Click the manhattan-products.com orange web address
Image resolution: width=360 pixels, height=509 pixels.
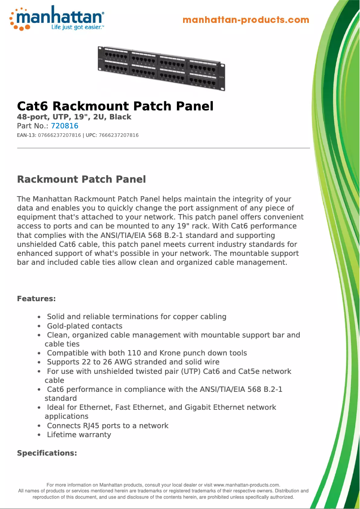point(246,20)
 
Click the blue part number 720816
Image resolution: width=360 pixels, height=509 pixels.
point(65,126)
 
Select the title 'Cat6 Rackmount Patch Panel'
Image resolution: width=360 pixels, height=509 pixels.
point(115,106)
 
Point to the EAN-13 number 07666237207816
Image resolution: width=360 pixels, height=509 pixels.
point(60,135)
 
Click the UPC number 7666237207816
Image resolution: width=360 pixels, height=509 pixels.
point(119,135)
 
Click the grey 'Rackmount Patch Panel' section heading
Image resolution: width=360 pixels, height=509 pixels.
point(81,180)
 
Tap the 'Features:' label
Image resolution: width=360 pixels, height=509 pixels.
point(36,298)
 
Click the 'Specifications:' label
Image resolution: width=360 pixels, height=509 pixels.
point(47,453)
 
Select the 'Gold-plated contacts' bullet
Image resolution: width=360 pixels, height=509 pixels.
point(84,326)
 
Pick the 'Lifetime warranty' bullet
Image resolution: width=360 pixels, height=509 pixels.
point(79,434)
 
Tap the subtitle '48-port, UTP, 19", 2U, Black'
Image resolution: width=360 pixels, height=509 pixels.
point(74,117)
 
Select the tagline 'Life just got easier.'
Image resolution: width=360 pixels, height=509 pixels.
point(77,27)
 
